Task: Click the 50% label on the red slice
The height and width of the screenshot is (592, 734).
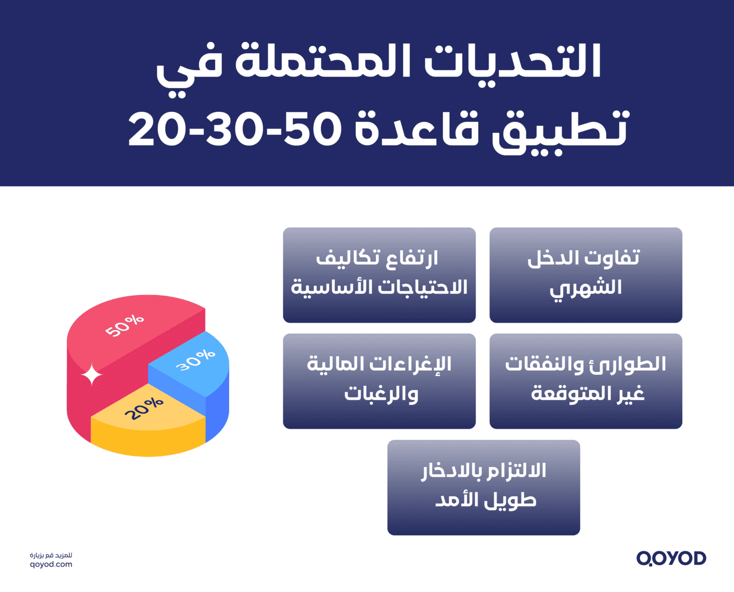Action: [124, 326]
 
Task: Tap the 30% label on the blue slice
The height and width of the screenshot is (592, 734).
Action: [195, 360]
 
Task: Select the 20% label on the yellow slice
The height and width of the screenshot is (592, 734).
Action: [144, 409]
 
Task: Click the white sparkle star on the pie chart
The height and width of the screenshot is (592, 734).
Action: [92, 375]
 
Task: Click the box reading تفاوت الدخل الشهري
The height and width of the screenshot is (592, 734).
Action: [586, 275]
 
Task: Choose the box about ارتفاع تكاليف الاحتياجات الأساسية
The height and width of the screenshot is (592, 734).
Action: [379, 275]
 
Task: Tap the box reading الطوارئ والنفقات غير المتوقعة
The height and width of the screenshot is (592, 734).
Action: [586, 381]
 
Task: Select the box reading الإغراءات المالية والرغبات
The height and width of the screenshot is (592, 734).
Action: [379, 381]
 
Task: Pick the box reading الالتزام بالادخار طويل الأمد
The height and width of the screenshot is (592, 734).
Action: [483, 487]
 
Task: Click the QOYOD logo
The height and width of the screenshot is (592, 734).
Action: [671, 558]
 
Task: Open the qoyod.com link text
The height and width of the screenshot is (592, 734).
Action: [51, 565]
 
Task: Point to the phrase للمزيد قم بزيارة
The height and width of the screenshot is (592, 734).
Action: [51, 555]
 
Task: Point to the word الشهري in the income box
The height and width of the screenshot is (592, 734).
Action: [586, 288]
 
